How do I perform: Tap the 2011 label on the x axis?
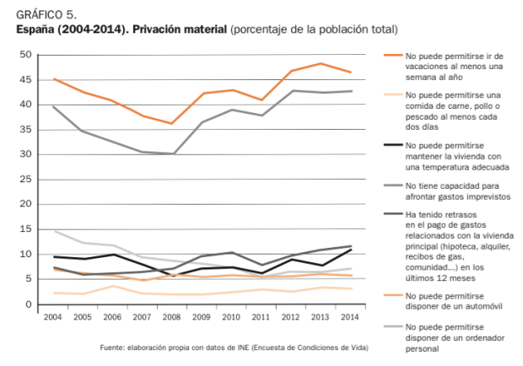(x=261, y=318)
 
